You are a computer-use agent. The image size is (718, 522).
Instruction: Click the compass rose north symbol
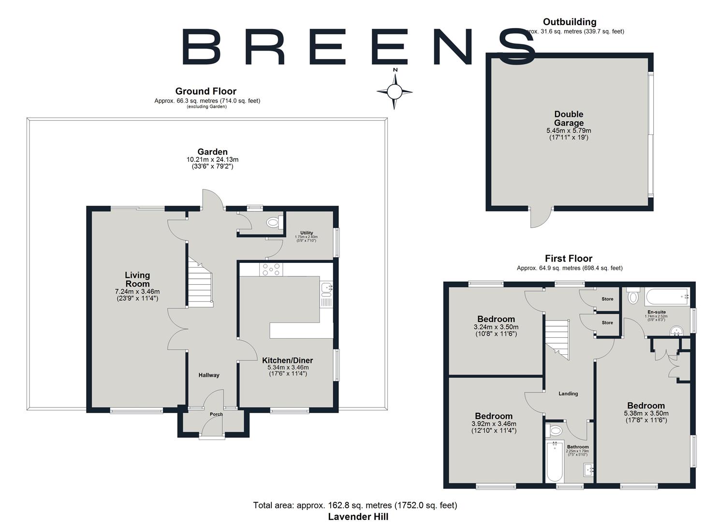point(395,90)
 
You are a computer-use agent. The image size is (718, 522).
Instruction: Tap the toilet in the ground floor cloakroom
point(274,223)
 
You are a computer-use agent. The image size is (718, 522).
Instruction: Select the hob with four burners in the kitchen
point(271,269)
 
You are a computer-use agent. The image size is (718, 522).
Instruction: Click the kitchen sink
point(326,289)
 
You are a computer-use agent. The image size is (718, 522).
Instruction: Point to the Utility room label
point(307,233)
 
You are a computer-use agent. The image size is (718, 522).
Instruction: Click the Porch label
point(216,414)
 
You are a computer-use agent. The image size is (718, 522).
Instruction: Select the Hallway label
point(209,375)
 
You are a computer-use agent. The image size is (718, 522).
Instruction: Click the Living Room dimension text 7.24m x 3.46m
point(137,291)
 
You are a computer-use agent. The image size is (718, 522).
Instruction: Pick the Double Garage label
point(569,118)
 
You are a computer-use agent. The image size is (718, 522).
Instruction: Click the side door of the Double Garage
point(541,218)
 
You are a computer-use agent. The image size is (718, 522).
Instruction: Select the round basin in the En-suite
point(676,331)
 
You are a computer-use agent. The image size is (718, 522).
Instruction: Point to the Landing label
point(568,393)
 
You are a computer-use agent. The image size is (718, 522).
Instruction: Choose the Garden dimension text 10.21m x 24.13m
point(212,159)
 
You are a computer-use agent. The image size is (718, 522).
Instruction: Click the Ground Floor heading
point(205,91)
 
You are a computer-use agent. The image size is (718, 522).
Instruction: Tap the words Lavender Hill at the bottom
point(358,516)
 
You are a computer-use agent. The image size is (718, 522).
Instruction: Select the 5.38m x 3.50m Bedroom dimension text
point(646,413)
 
